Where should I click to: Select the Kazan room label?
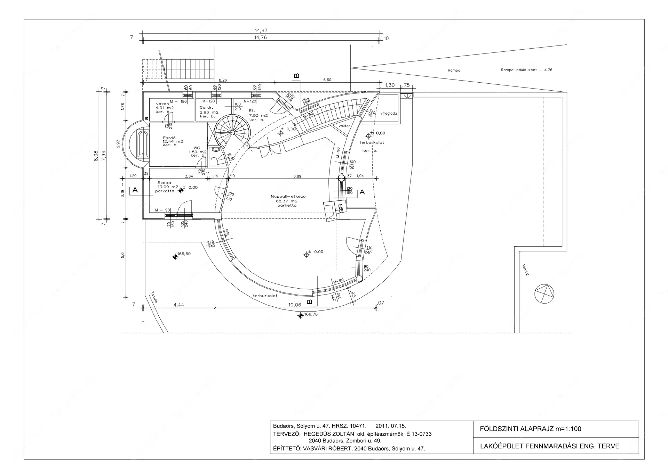(162, 104)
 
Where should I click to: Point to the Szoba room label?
(164, 183)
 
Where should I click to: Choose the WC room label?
(197, 148)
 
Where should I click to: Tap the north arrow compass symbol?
(544, 294)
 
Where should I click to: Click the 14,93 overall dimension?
(261, 31)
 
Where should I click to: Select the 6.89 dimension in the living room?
(297, 176)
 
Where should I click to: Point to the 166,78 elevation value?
(311, 315)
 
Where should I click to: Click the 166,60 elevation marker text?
(184, 254)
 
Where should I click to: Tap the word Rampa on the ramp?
(454, 71)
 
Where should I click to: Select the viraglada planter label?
(389, 114)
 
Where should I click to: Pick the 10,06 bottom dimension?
(295, 305)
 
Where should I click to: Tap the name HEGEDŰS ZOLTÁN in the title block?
(328, 434)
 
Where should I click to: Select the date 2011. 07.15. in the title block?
(391, 426)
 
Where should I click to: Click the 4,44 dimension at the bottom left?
(178, 305)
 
